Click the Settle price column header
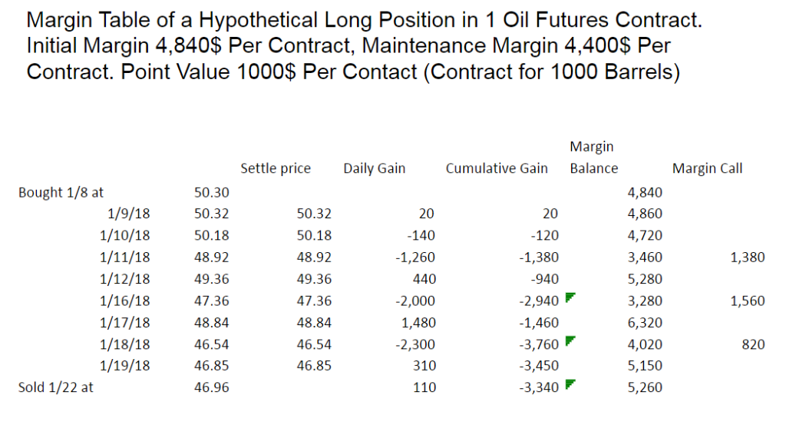point(276,168)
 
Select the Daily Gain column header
point(375,168)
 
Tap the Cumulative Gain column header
point(497,168)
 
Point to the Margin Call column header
point(707,168)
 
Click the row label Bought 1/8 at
point(61,192)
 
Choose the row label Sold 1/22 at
point(55,387)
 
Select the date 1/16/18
point(129,301)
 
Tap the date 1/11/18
point(129,258)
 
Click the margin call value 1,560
point(748,301)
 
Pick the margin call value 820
point(754,344)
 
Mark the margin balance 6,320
point(646,323)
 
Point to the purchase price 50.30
point(211,192)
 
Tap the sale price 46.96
point(211,387)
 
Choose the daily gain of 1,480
point(421,323)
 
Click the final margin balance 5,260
point(646,387)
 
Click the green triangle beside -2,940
point(569,297)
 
